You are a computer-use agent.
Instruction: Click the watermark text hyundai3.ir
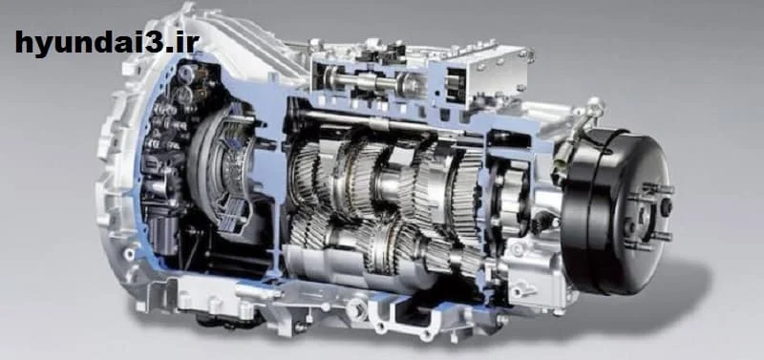pos(107,43)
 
